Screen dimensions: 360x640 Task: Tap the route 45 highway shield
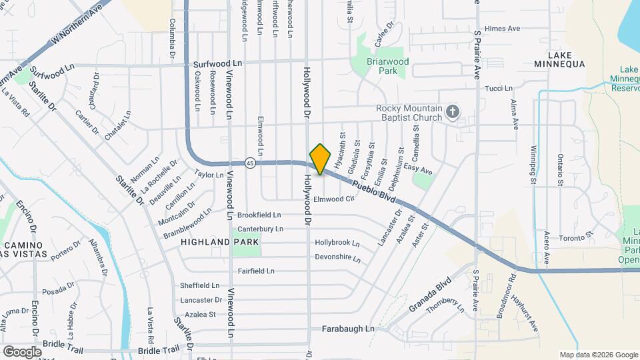click(249, 163)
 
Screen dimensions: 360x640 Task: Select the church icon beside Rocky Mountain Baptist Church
click(453, 112)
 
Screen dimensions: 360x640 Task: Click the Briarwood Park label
click(387, 65)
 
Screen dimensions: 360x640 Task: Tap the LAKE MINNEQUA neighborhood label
click(559, 59)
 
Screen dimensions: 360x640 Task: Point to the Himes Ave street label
click(503, 29)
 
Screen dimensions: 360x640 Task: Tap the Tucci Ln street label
click(498, 88)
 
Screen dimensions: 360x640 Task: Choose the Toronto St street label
click(575, 237)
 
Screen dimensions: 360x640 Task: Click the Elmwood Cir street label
click(333, 199)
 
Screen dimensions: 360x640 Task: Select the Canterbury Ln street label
click(260, 229)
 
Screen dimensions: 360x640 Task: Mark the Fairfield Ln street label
click(256, 271)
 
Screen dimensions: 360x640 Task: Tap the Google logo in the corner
click(22, 351)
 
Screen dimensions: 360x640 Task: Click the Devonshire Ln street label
click(337, 257)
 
